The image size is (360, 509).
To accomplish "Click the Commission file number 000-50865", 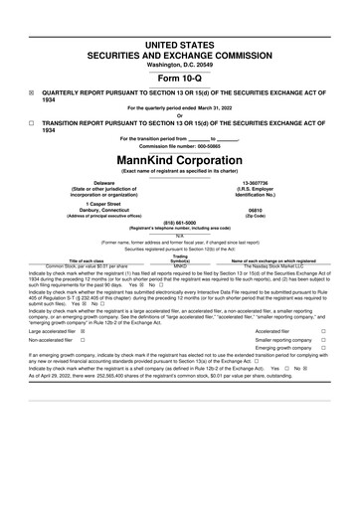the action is coord(180,147).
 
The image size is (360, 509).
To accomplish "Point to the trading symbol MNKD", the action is coord(180,266).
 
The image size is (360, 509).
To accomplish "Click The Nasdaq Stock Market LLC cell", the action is coord(271,266).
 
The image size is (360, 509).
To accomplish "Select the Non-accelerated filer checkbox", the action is coord(81,368).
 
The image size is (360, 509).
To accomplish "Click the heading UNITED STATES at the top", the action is coord(180,19).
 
